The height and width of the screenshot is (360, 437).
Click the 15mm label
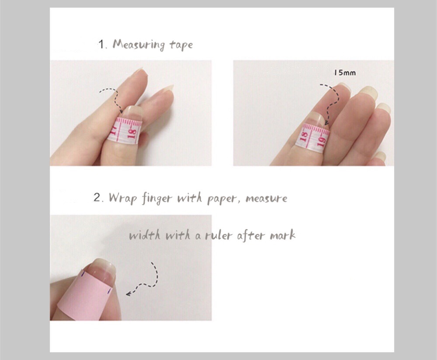point(345,73)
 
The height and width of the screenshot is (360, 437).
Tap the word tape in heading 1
point(181,45)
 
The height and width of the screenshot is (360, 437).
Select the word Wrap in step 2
point(123,198)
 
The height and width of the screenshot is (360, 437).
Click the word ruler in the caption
point(218,235)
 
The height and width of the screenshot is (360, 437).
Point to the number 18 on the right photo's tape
point(304,136)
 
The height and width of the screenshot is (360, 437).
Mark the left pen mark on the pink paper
point(83,275)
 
